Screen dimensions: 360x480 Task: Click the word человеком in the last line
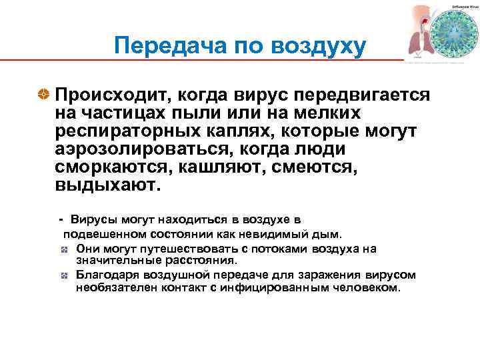361,288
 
